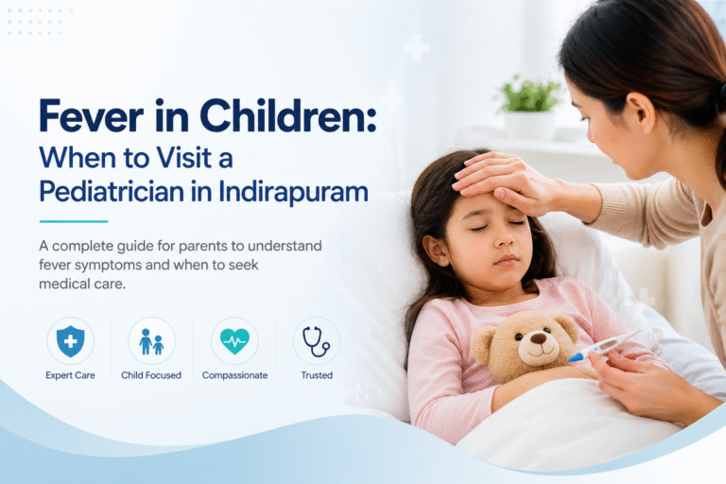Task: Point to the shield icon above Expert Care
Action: [70, 341]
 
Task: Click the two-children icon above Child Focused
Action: [151, 341]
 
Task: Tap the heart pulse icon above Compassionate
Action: [234, 341]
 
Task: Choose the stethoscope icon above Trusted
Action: [316, 341]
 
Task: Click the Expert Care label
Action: [70, 375]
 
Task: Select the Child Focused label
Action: [151, 375]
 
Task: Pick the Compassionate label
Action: [234, 375]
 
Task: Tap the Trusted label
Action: [317, 375]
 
